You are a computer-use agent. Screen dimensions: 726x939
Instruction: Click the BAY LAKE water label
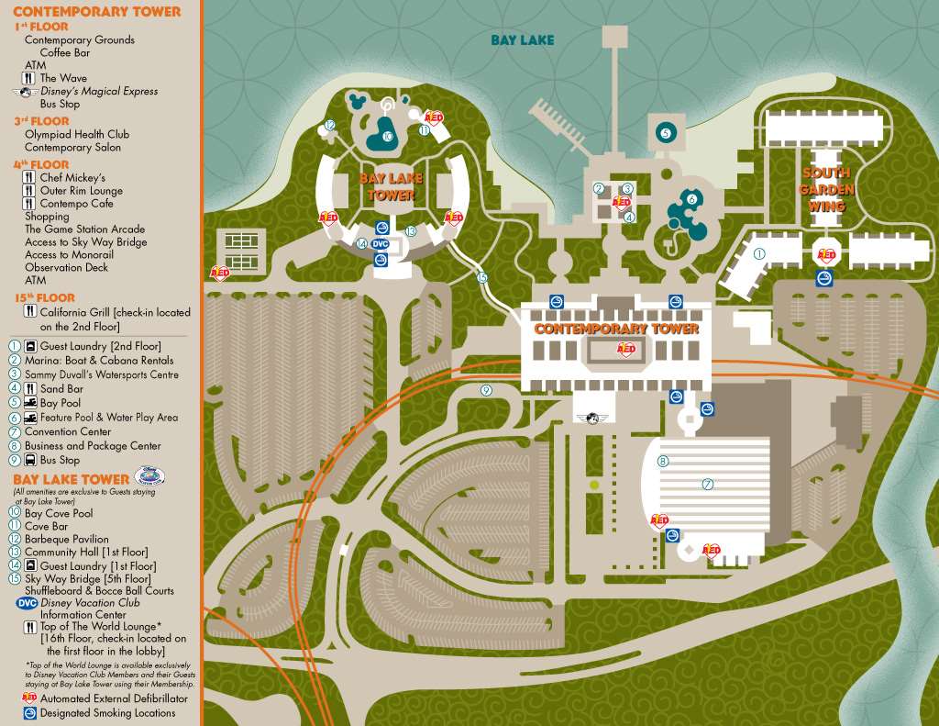coord(522,40)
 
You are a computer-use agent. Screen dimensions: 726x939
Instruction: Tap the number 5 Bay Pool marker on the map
coord(665,133)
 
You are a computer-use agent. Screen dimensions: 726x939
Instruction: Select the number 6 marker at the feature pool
coord(691,198)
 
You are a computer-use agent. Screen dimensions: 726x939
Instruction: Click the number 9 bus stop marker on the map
coord(486,390)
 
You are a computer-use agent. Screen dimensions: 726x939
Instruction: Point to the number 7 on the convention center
coord(707,484)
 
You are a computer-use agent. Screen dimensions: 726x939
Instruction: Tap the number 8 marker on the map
coord(662,462)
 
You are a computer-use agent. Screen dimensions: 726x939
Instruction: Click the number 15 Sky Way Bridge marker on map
coord(482,277)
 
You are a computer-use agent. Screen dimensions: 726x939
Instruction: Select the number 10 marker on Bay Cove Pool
coord(387,137)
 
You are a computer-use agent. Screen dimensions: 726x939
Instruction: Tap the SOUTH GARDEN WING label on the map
coord(826,189)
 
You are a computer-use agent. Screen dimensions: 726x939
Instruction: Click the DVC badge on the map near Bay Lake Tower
coord(381,243)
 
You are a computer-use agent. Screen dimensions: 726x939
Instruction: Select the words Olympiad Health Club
coord(72,134)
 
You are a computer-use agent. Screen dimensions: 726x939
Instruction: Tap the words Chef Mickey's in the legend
coord(72,177)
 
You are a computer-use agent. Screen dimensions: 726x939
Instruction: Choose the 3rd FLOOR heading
coord(41,121)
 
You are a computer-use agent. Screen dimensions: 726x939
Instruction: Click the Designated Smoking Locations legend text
coord(107,712)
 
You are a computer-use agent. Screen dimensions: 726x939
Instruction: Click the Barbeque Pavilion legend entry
coord(66,539)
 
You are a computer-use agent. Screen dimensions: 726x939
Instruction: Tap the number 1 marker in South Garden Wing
coord(759,252)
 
